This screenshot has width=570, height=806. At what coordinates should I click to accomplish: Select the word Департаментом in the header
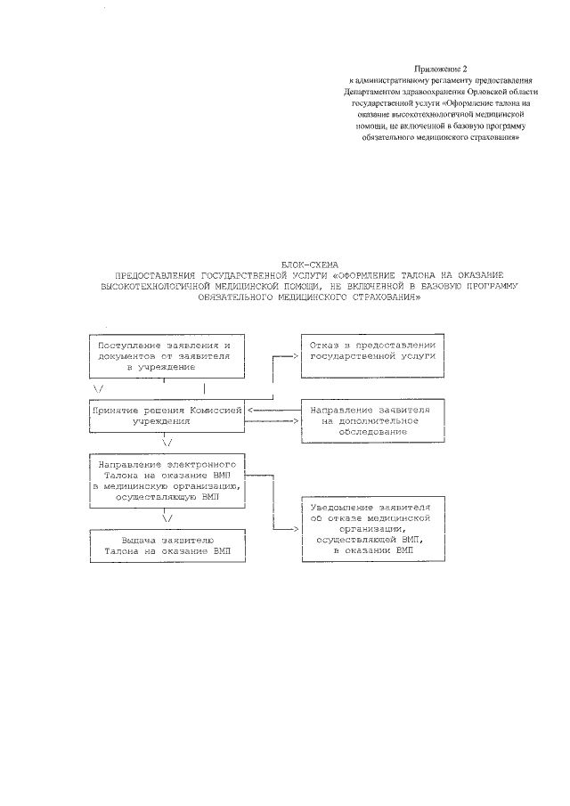pos(371,92)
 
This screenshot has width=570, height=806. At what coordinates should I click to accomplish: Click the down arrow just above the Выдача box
pos(167,517)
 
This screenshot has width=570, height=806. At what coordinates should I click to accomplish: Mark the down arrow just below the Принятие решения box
pos(167,441)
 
